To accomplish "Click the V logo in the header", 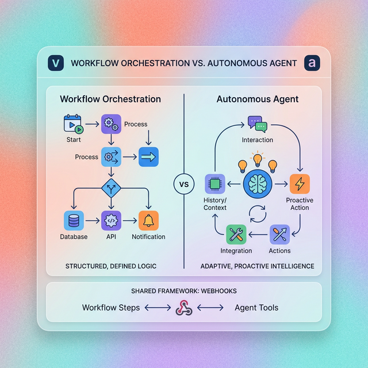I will [x=56, y=63].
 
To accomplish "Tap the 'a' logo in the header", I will [x=312, y=63].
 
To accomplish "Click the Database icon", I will [x=74, y=220].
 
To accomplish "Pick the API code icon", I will [x=111, y=220].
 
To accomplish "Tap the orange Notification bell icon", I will [x=148, y=220].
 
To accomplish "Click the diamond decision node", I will [x=110, y=187].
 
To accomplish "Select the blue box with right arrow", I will [x=148, y=156].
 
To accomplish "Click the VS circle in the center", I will [x=183, y=185].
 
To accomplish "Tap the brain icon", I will [x=258, y=185].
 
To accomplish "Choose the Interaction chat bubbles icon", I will [x=258, y=124].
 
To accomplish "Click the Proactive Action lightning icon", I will [x=300, y=184].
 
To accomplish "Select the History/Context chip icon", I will [x=215, y=184].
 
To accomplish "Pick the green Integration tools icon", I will [x=236, y=235].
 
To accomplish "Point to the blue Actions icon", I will [x=280, y=235].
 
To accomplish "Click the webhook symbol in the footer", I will [x=183, y=308].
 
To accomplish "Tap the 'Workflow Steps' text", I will [x=111, y=308].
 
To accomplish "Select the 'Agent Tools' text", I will [x=256, y=308].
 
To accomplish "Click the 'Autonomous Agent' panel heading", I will [x=258, y=99].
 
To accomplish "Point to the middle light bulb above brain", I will [x=258, y=159].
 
